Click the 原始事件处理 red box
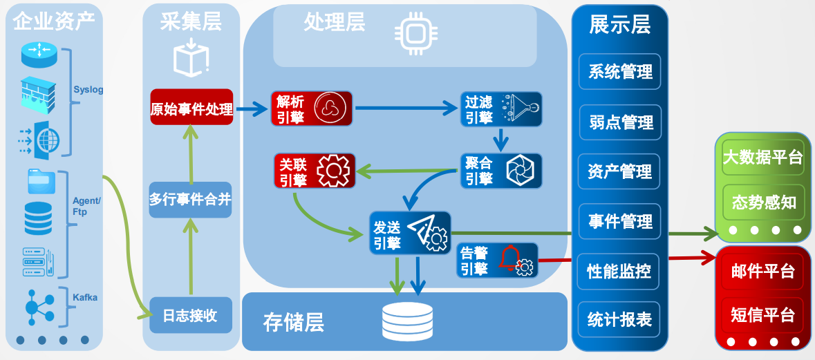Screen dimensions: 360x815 coord(191,108)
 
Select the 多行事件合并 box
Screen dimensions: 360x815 coord(190,200)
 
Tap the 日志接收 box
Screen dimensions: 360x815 coord(190,316)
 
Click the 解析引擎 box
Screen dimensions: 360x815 coord(312,108)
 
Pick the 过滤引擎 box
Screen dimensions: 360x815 coord(501,108)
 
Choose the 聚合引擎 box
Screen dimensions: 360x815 coord(501,170)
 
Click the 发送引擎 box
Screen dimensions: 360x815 coord(409,233)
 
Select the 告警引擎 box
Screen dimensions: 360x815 coord(497,260)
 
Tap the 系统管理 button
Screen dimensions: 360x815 coord(620,72)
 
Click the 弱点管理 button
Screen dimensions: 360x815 coord(620,122)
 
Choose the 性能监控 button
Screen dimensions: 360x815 coord(620,270)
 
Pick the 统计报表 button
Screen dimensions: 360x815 coord(620,319)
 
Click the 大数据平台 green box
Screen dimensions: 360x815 coord(762,157)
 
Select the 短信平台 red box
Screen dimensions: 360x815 coord(762,315)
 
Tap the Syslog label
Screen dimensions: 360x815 coord(88,90)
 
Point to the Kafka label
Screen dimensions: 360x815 coord(86,298)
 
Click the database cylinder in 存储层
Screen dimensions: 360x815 coord(407,322)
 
